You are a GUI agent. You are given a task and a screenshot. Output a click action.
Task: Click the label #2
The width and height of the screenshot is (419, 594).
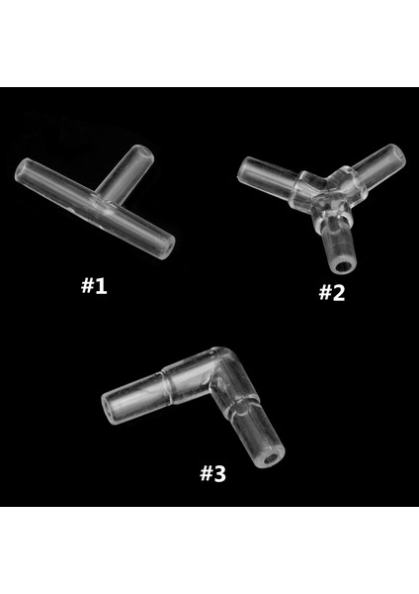pyautogui.click(x=331, y=292)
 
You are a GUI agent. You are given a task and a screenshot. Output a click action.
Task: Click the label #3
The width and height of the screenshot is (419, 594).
pyautogui.click(x=213, y=473)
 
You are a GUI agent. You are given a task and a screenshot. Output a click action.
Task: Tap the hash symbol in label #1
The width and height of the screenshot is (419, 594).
pyautogui.click(x=85, y=287)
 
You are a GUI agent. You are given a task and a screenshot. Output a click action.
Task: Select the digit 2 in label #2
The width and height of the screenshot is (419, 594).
pyautogui.click(x=339, y=292)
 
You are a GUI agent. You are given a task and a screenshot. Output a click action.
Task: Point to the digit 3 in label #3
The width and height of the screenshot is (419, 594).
pyautogui.click(x=220, y=473)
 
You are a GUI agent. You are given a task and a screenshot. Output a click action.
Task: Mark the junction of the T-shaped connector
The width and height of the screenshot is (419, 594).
pyautogui.click(x=107, y=206)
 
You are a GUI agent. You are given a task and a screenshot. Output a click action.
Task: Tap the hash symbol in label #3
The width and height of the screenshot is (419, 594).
pyautogui.click(x=206, y=473)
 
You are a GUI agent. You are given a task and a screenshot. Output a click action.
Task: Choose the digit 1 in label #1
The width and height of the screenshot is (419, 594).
pyautogui.click(x=100, y=287)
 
